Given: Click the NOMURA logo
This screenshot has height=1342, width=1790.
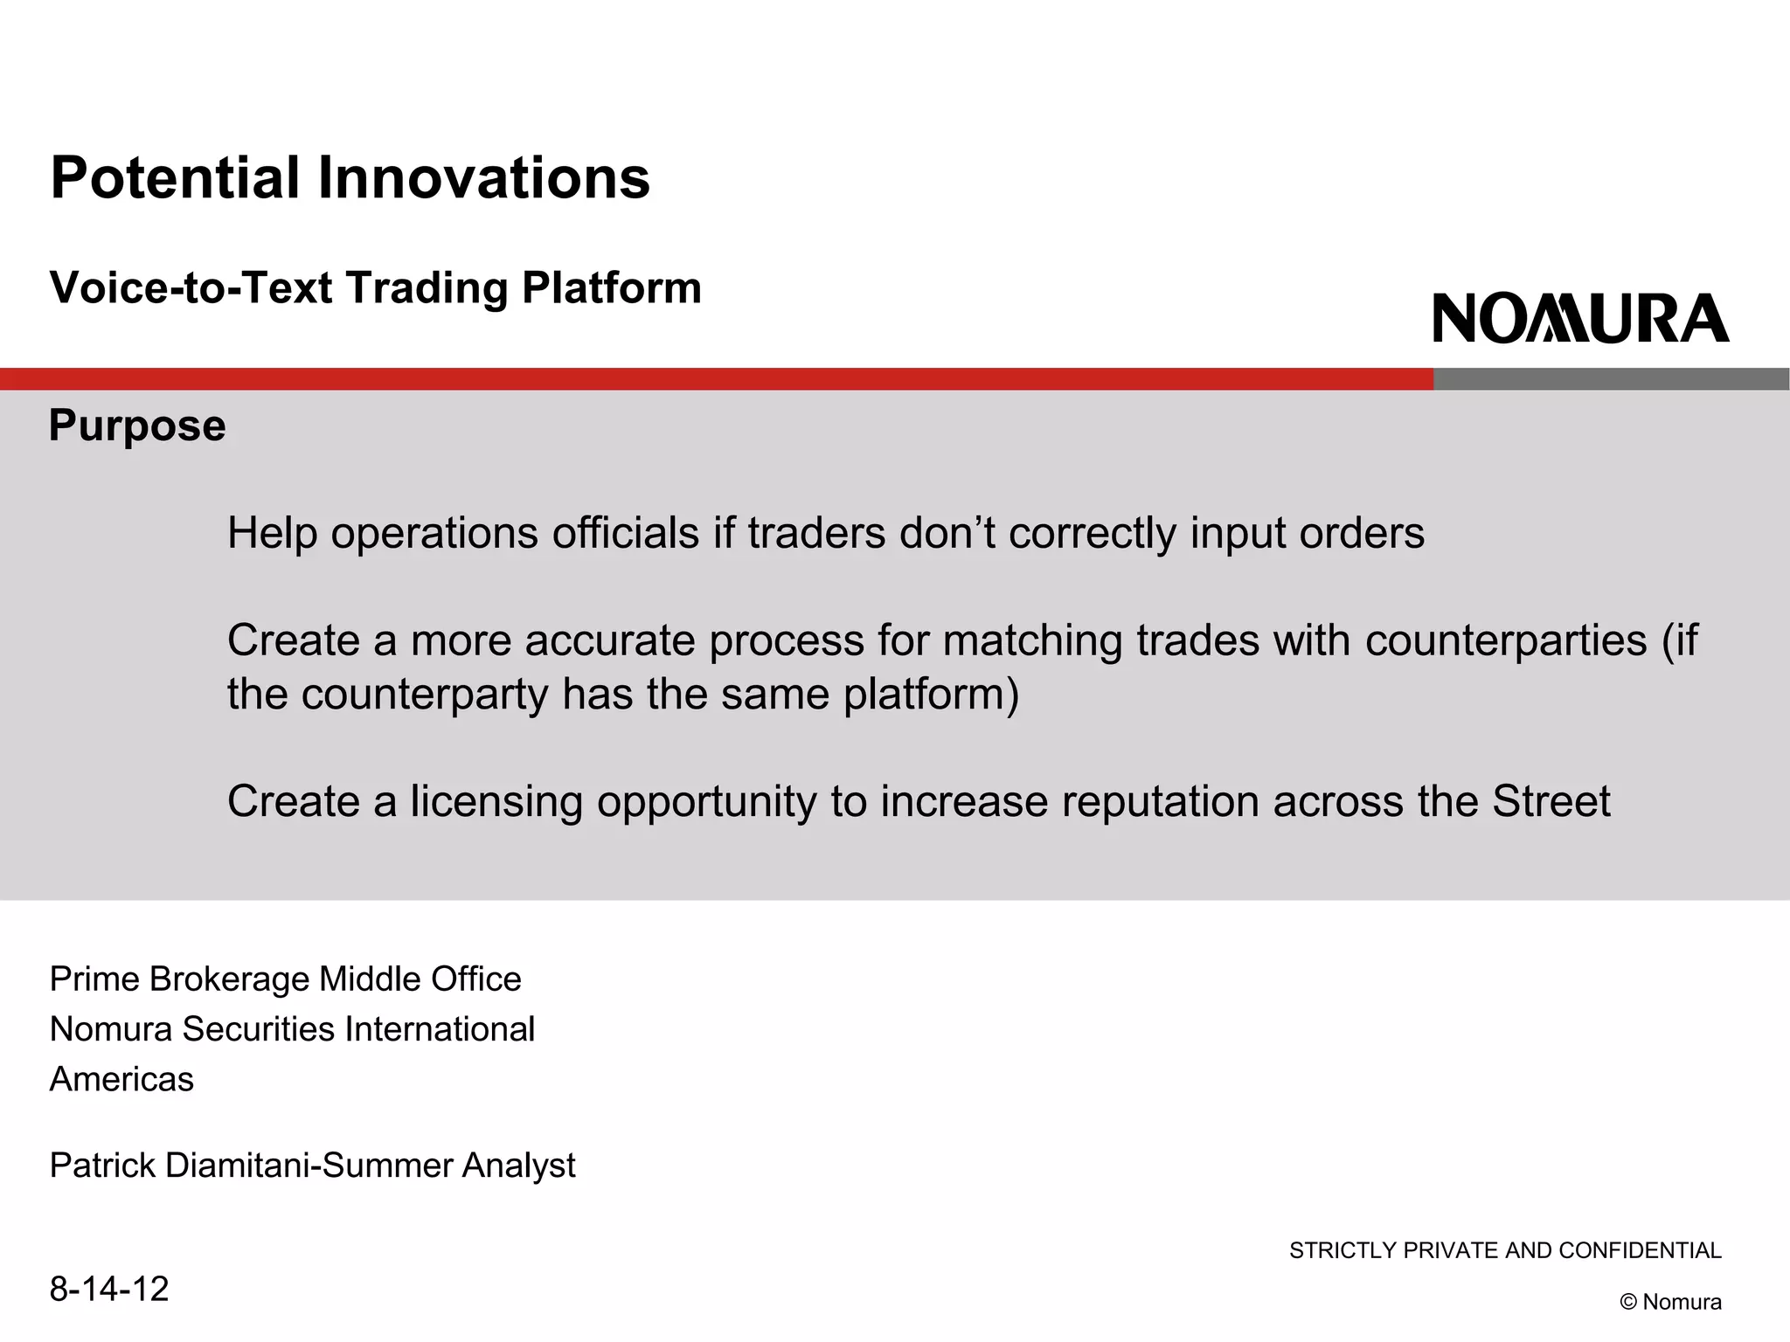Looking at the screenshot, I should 1580,318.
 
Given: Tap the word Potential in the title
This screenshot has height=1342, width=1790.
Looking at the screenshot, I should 176,178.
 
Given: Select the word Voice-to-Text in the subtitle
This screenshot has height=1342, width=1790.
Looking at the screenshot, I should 191,288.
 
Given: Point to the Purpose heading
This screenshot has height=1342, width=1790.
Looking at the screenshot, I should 137,425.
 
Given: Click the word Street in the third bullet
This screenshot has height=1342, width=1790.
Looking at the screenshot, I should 1551,802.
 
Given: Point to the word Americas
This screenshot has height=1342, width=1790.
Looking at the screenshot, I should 121,1080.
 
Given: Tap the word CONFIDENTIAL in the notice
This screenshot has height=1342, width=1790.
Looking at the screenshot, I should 1640,1251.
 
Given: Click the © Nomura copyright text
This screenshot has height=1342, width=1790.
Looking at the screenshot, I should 1670,1302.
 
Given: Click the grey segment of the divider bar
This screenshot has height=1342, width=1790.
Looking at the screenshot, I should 1611,379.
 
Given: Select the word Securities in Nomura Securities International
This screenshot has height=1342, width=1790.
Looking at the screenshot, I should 258,1029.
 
